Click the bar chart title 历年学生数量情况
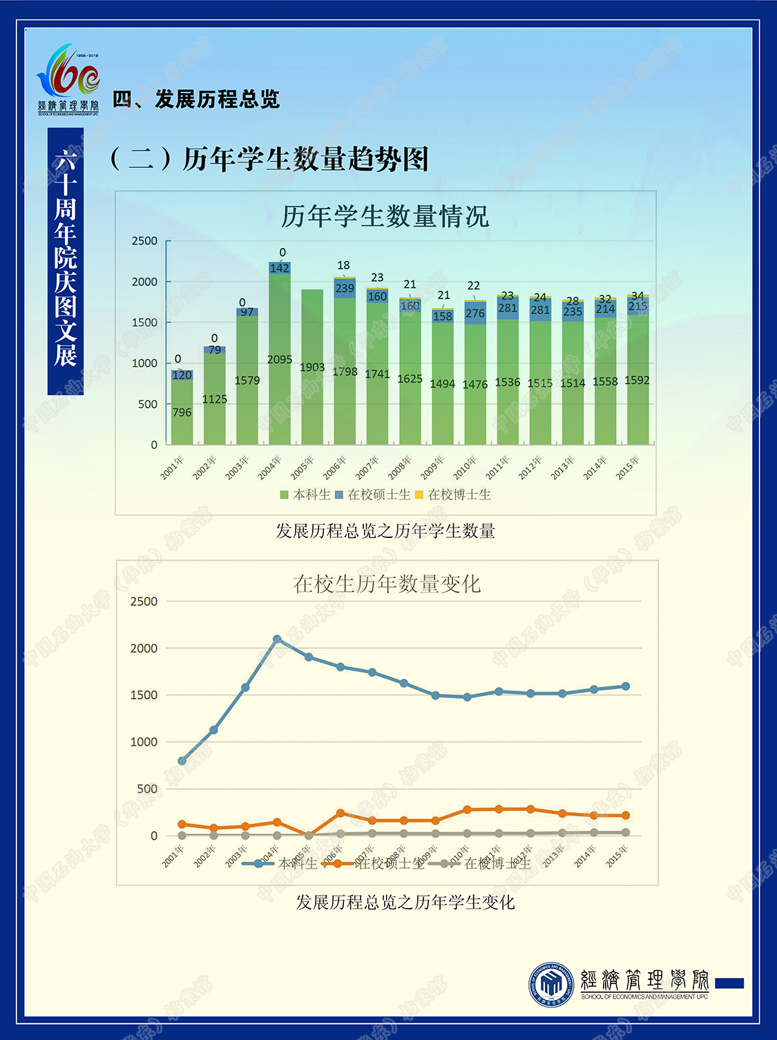(x=385, y=216)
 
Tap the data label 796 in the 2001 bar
(x=182, y=412)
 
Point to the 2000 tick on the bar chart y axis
(x=145, y=282)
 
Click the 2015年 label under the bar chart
(x=628, y=468)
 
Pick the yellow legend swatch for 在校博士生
(x=419, y=495)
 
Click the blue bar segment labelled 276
(x=475, y=313)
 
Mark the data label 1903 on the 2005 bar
(x=312, y=367)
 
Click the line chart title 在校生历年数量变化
(x=387, y=584)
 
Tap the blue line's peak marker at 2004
(x=277, y=639)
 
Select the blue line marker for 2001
(x=182, y=761)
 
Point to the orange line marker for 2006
(x=340, y=813)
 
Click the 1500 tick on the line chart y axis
(x=144, y=695)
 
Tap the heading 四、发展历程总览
(x=196, y=99)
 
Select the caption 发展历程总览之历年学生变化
(x=405, y=903)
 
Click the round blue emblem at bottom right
(x=551, y=984)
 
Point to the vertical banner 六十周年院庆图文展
(x=66, y=260)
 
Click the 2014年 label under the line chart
(x=585, y=857)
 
